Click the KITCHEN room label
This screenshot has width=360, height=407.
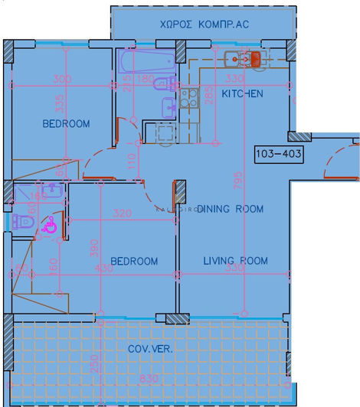click(242, 93)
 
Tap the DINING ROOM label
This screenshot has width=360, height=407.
click(230, 209)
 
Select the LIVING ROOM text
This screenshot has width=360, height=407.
click(235, 261)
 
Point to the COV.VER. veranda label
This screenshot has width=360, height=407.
click(150, 350)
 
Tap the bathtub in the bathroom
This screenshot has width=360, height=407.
click(146, 60)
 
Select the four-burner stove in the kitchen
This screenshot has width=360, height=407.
click(188, 100)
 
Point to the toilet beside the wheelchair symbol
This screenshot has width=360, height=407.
click(22, 222)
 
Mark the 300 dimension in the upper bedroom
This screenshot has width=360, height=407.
click(63, 80)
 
